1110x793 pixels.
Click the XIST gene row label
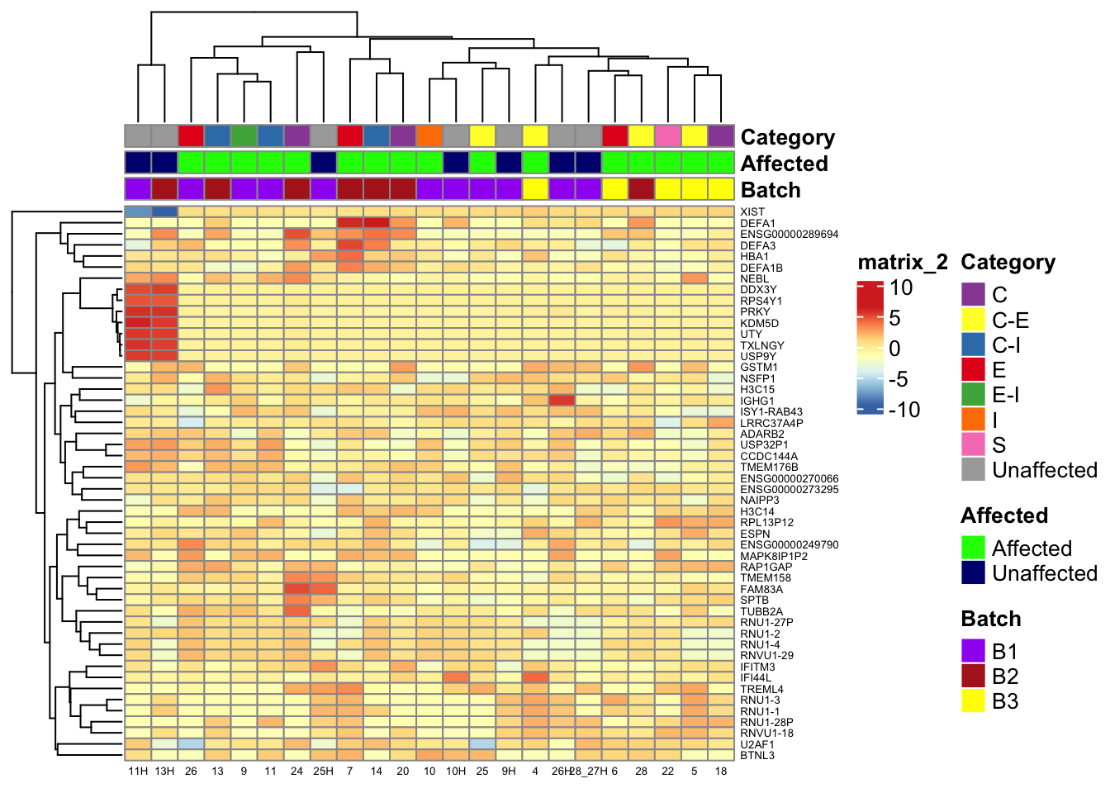[x=752, y=212]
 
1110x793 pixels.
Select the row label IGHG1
[x=757, y=401]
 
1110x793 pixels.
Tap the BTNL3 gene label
[x=757, y=755]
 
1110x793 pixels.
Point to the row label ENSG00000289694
[x=789, y=235]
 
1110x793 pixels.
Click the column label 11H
[x=138, y=772]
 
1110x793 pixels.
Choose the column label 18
[x=721, y=772]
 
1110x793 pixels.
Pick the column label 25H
[x=323, y=772]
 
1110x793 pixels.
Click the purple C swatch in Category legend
[x=974, y=294]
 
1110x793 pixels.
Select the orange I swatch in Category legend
[x=974, y=420]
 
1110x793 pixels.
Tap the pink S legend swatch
[x=974, y=444]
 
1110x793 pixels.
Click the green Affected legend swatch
[x=974, y=548]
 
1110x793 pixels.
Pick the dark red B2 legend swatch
[x=974, y=676]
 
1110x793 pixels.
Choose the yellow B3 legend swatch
[x=974, y=700]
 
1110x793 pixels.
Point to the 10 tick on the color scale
[x=901, y=287]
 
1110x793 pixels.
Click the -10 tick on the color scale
[x=904, y=409]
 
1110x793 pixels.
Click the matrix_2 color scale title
[x=903, y=263]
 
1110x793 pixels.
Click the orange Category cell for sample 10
[x=429, y=136]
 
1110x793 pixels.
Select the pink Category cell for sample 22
[x=667, y=136]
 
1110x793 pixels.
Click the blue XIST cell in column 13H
[x=164, y=212]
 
